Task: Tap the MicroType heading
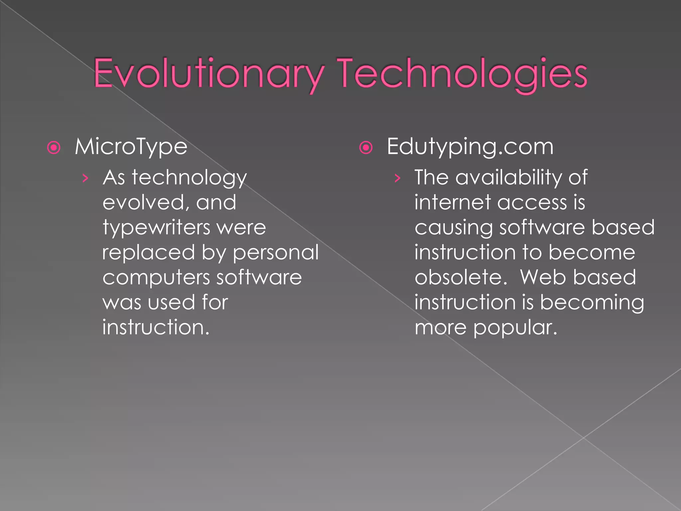pos(131,147)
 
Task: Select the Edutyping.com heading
pos(470,147)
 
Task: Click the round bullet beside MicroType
pos(54,147)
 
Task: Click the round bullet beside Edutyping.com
pos(366,147)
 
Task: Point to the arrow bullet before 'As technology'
pos(85,178)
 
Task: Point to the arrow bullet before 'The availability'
pos(397,178)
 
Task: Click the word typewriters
pos(156,228)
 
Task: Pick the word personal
pos(276,253)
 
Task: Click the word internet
pos(453,203)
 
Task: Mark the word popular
pos(515,328)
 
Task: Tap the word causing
pos(454,228)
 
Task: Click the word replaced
pos(148,253)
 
